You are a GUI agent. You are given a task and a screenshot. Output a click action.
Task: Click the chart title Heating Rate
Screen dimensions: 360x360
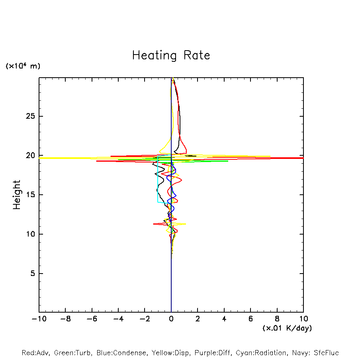click(x=171, y=55)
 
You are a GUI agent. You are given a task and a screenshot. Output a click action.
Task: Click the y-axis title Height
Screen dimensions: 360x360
click(x=17, y=195)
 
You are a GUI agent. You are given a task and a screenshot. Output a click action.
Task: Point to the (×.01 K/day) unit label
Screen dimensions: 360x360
click(x=287, y=328)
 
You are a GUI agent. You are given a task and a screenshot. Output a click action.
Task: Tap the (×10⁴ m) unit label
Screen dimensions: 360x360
click(x=23, y=66)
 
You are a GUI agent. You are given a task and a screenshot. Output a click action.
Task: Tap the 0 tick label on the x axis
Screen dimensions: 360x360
click(x=171, y=319)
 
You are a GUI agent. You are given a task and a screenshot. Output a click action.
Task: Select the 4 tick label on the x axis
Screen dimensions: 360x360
click(x=224, y=319)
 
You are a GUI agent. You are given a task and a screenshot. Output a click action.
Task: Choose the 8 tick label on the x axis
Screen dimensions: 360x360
click(x=277, y=319)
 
